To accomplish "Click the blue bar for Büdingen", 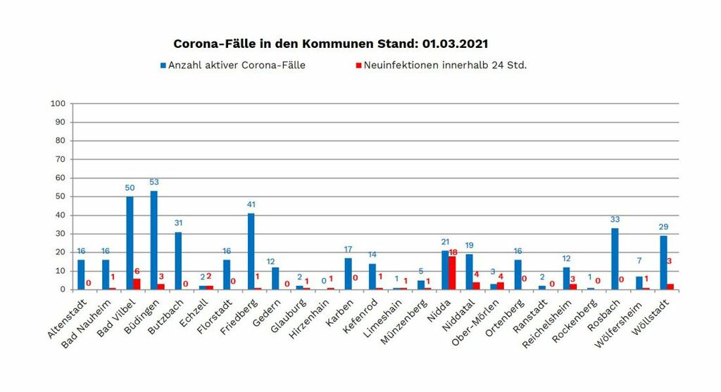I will point(153,240).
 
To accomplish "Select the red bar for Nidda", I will point(452,272).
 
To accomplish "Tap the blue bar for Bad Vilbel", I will point(130,243).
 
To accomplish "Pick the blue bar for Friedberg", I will point(251,251).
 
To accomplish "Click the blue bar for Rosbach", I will point(615,258).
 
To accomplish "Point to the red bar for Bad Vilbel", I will point(137,284).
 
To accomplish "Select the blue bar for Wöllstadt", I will point(663,262).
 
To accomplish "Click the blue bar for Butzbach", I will point(178,260).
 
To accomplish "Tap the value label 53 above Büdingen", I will point(154,182).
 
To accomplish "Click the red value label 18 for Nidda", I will point(454,251).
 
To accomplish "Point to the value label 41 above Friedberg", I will point(251,204).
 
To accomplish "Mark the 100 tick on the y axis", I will point(58,103).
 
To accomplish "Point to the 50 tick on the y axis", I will point(61,196).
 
